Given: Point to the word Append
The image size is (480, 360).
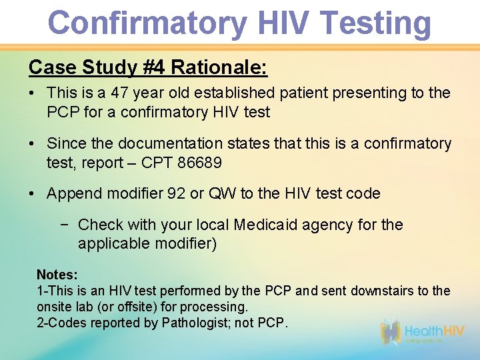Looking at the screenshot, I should [x=72, y=194].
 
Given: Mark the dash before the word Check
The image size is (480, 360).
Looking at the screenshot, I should [x=65, y=225].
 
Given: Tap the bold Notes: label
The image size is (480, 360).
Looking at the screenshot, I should [x=57, y=275].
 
